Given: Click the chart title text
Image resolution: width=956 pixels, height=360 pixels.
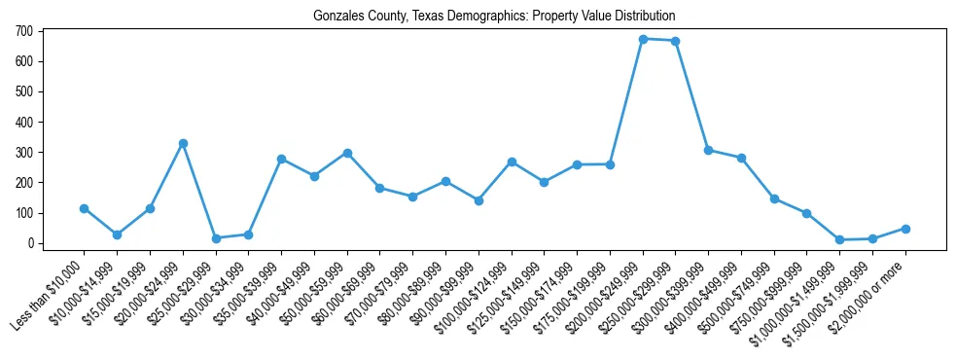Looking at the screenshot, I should click(x=494, y=17).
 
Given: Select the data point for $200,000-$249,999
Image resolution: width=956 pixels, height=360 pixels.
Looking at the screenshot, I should click(x=643, y=39).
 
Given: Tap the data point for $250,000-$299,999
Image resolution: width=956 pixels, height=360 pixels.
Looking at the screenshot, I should click(x=676, y=41).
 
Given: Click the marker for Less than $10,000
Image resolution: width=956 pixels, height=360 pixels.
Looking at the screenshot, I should click(x=84, y=208).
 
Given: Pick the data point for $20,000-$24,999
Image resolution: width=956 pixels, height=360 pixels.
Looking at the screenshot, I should click(x=183, y=143).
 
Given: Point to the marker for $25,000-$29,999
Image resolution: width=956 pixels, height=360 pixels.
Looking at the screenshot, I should click(x=216, y=238).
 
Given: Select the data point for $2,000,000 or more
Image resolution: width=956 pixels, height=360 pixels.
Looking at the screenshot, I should click(x=905, y=229).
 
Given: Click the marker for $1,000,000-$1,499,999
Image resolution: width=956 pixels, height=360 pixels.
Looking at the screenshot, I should click(x=840, y=239).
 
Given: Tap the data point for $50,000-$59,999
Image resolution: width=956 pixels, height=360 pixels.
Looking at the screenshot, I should click(x=347, y=153).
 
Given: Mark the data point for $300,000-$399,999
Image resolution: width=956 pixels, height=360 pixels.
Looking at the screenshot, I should click(x=709, y=150).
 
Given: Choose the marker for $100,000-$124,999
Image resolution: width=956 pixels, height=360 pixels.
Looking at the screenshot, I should click(x=512, y=162).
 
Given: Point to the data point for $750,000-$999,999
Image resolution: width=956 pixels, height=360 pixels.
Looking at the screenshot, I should click(x=807, y=213).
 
